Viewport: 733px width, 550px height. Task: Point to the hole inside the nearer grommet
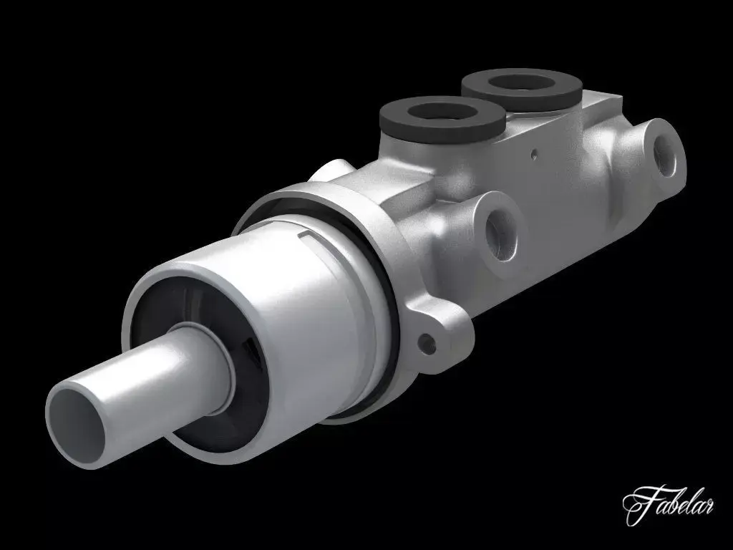[437, 112]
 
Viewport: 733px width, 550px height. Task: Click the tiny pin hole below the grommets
[533, 152]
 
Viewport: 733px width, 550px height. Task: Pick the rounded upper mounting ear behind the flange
[333, 172]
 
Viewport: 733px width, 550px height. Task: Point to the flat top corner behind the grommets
[605, 100]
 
